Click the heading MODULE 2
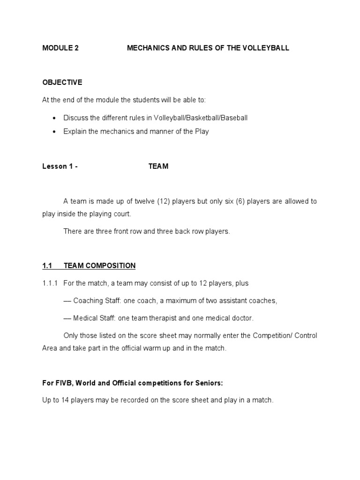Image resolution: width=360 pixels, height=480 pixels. [60, 48]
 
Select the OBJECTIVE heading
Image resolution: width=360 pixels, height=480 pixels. [62, 82]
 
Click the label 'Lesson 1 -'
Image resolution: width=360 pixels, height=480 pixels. [60, 166]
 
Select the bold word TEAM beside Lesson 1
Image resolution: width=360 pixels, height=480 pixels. [158, 166]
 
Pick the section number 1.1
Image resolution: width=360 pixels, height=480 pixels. [47, 266]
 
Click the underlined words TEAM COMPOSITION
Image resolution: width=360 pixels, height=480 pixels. [99, 266]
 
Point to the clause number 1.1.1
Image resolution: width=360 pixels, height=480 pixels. [50, 283]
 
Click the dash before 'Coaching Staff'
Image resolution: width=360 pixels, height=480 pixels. [67, 301]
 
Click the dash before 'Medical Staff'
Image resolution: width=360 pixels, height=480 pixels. [67, 318]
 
